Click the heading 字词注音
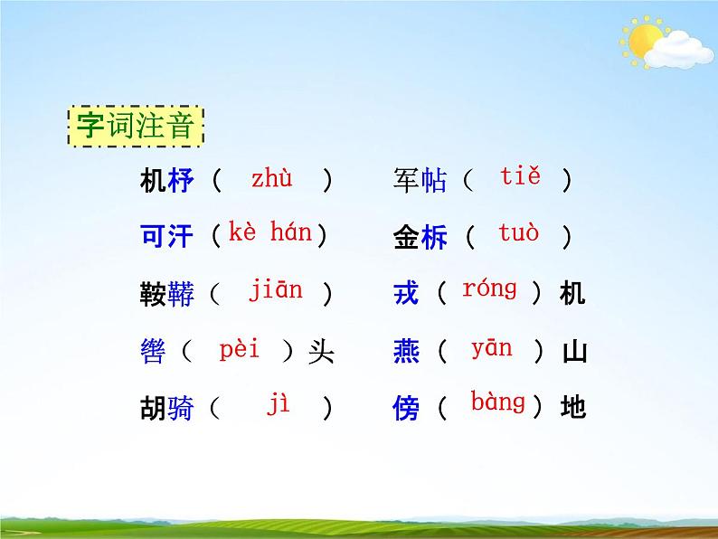coord(136,128)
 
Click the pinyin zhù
coord(271,179)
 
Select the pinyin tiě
coord(520,177)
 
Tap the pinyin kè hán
coord(269,233)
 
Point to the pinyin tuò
coord(518,233)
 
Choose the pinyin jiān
coord(276,291)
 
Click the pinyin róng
coord(489,289)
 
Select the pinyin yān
coord(491,348)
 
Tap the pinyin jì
coord(278,406)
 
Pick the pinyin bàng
coord(497,402)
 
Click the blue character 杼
coord(181,181)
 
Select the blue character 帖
coord(434,181)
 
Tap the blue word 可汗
coord(167,237)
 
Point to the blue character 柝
coord(434,238)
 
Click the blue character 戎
coord(407,294)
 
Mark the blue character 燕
coord(407,351)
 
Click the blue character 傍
coord(407,409)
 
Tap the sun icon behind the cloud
coord(644,39)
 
